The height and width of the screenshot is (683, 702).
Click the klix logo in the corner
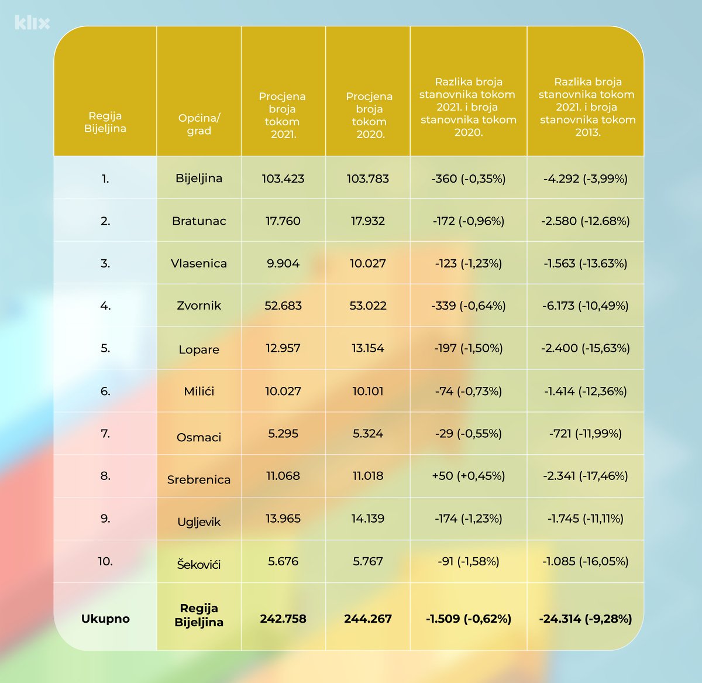click(x=32, y=23)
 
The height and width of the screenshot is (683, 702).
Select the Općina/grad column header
click(x=199, y=124)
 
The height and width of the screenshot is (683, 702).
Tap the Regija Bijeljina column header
click(x=105, y=122)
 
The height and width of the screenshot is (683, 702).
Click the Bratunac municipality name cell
click(x=199, y=221)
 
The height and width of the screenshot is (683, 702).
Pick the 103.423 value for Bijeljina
click(x=283, y=179)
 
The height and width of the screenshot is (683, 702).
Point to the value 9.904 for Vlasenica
click(x=283, y=263)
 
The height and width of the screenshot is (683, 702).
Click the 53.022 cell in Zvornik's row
click(x=368, y=306)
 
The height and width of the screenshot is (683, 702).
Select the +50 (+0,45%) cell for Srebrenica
click(x=468, y=476)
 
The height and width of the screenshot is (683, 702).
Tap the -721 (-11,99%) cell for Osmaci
click(x=586, y=434)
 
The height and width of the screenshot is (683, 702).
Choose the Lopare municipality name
click(x=199, y=349)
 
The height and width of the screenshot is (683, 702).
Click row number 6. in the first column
click(x=105, y=391)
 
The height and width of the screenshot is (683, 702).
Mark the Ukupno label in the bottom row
click(x=105, y=619)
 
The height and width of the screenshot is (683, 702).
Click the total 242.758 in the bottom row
click(x=283, y=619)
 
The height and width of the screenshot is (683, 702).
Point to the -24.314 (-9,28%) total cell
click(x=586, y=619)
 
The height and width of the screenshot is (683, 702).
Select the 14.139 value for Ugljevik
click(x=368, y=519)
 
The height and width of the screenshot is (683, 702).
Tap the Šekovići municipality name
click(x=199, y=564)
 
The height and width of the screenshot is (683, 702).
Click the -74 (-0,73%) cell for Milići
click(x=468, y=391)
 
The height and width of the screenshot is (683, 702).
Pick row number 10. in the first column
click(x=105, y=561)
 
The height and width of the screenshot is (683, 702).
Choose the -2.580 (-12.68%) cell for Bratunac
click(x=586, y=221)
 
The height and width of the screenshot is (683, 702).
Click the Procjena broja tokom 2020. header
click(x=369, y=115)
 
